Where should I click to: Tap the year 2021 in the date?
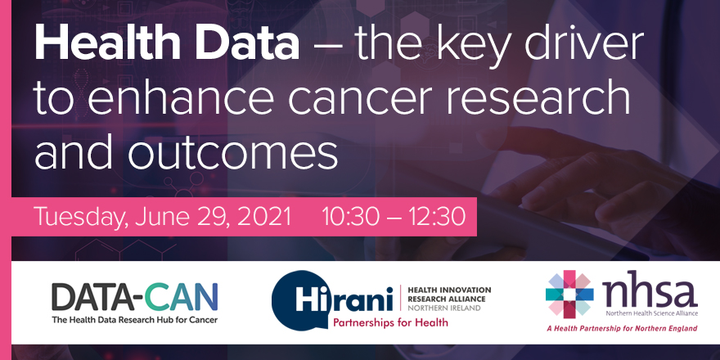click(263, 217)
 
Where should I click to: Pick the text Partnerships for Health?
click(390, 322)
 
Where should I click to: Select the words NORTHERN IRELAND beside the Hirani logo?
click(444, 308)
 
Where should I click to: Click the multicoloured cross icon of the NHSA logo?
click(569, 295)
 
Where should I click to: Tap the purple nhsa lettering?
click(650, 293)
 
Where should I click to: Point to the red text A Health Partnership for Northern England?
click(622, 328)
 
